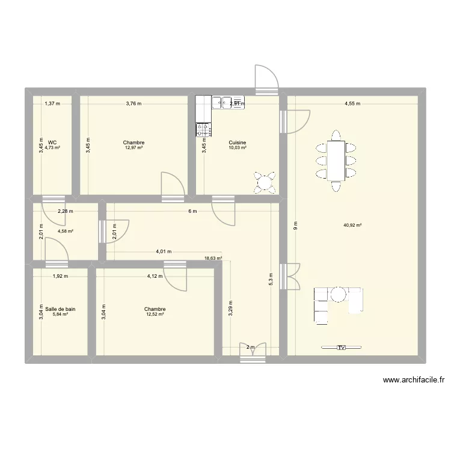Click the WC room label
52,143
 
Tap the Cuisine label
238,143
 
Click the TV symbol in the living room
341,348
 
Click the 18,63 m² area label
213,259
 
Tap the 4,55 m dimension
352,103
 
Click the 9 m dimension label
295,226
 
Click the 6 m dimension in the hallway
192,210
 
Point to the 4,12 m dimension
155,277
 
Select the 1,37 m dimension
52,103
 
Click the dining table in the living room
336,159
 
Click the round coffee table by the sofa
339,294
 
